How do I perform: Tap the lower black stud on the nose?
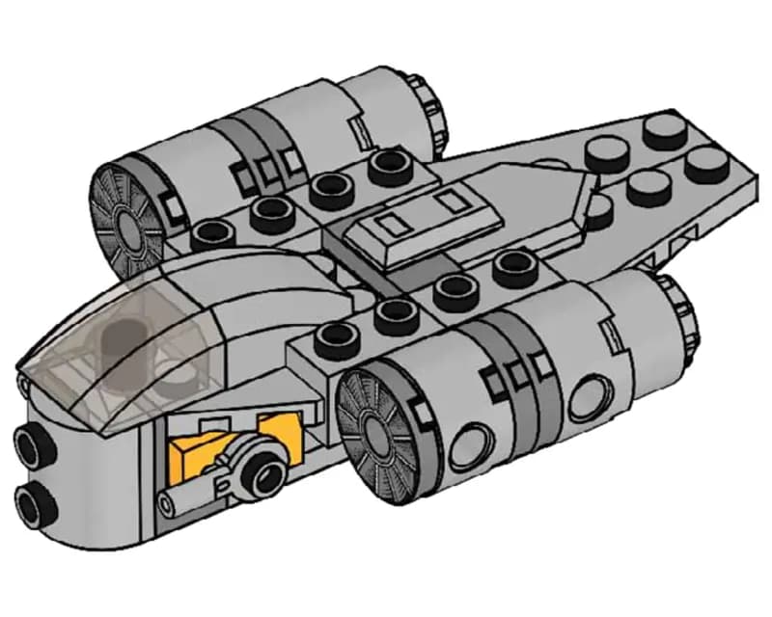[35, 499]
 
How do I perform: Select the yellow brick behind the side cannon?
[193, 453]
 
